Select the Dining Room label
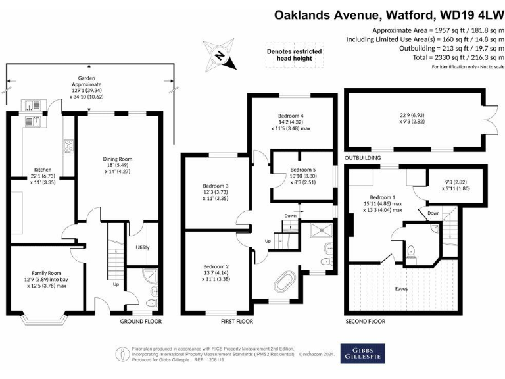click(118, 159)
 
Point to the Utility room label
click(142, 247)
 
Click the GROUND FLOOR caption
click(140, 322)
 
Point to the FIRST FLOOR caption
click(235, 322)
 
